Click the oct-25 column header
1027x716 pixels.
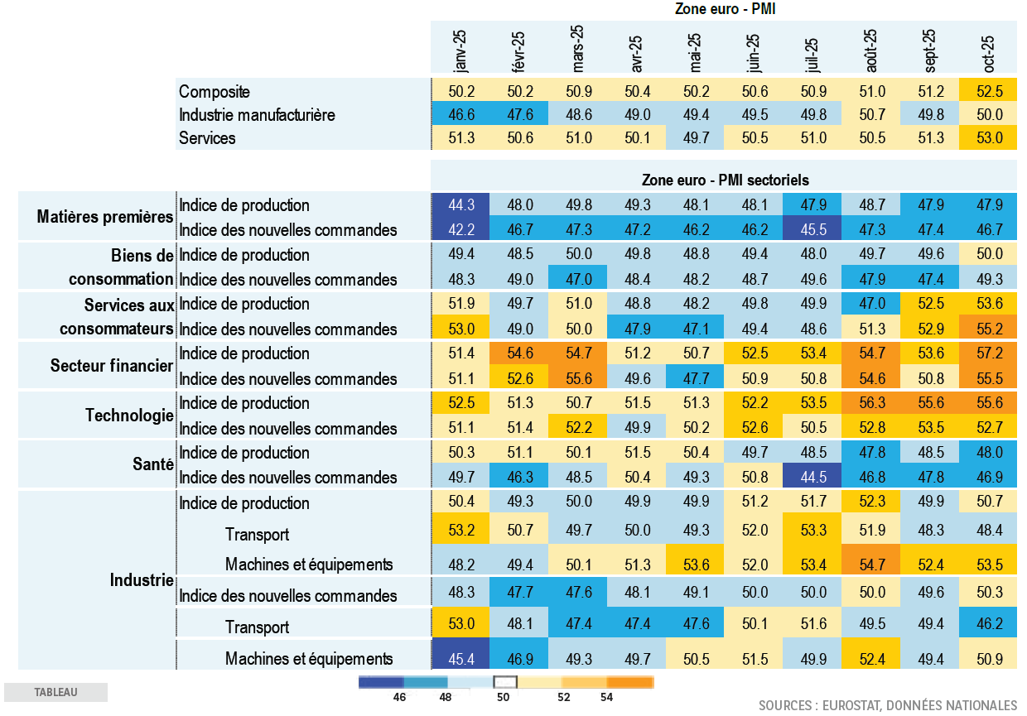[x=987, y=51]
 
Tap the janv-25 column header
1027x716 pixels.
[x=460, y=51]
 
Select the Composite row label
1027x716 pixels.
[x=215, y=92]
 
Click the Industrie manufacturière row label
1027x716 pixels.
[x=257, y=115]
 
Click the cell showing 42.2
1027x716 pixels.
[x=460, y=230]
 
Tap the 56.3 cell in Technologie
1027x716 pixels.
[x=870, y=403]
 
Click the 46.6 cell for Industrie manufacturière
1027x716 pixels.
[x=460, y=115]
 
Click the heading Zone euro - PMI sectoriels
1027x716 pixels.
[x=726, y=180]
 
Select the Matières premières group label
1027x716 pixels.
[x=105, y=217]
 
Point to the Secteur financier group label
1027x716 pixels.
[x=112, y=365]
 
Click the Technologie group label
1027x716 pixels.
[x=129, y=415]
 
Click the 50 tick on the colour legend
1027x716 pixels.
[x=504, y=697]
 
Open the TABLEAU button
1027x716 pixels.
[x=55, y=692]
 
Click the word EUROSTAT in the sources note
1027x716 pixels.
[x=856, y=705]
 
